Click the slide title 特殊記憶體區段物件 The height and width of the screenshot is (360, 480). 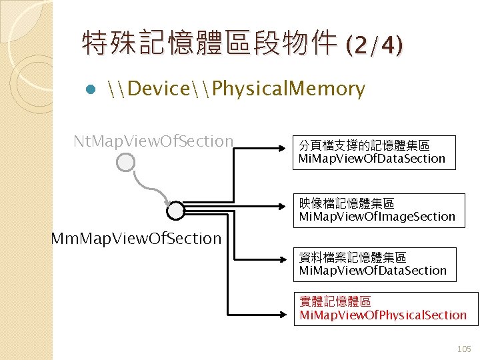coord(210,45)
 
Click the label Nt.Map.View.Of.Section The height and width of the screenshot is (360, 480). coord(153,141)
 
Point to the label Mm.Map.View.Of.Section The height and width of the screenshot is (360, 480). coord(137,238)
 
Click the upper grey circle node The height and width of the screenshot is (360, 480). coord(125,162)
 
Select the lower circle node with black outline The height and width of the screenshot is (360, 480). coord(175,211)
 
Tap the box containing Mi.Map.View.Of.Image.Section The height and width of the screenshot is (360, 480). coord(379,210)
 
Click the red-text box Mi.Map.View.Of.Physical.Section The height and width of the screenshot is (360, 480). coord(385,309)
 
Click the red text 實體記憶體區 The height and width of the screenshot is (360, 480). coord(335,302)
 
